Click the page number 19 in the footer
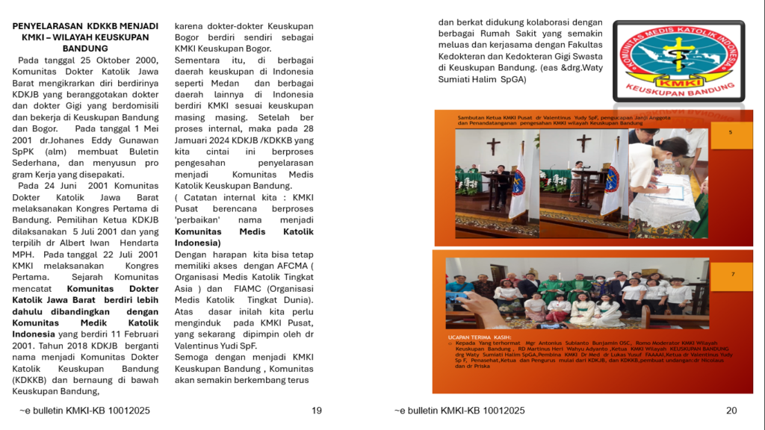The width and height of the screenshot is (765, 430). (317, 411)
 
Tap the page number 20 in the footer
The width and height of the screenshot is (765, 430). (731, 411)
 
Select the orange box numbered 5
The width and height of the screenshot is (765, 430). (731, 132)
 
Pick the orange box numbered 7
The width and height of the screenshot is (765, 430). (732, 275)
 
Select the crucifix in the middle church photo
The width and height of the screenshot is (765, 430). (583, 142)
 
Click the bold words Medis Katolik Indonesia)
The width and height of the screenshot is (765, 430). (244, 237)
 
